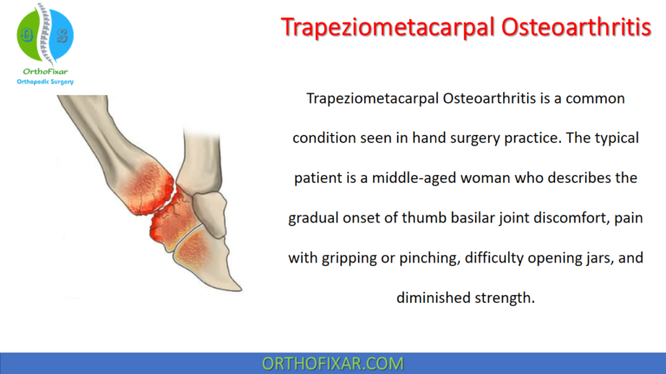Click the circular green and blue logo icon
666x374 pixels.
(x=45, y=33)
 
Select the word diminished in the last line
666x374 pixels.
(x=434, y=296)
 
